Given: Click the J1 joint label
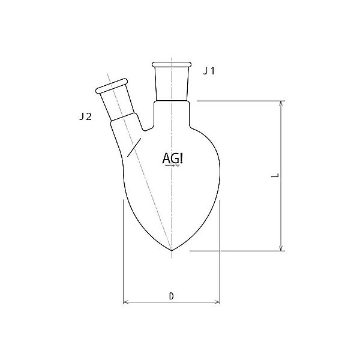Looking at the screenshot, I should click(x=209, y=71).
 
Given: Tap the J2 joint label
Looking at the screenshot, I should click(x=85, y=117).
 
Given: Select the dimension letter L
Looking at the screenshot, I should click(x=274, y=176).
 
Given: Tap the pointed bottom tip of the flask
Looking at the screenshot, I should click(x=173, y=250).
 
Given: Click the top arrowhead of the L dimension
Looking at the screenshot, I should click(x=281, y=104).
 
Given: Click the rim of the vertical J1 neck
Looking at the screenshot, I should click(x=173, y=64).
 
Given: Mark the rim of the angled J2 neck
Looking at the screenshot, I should click(x=112, y=87).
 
